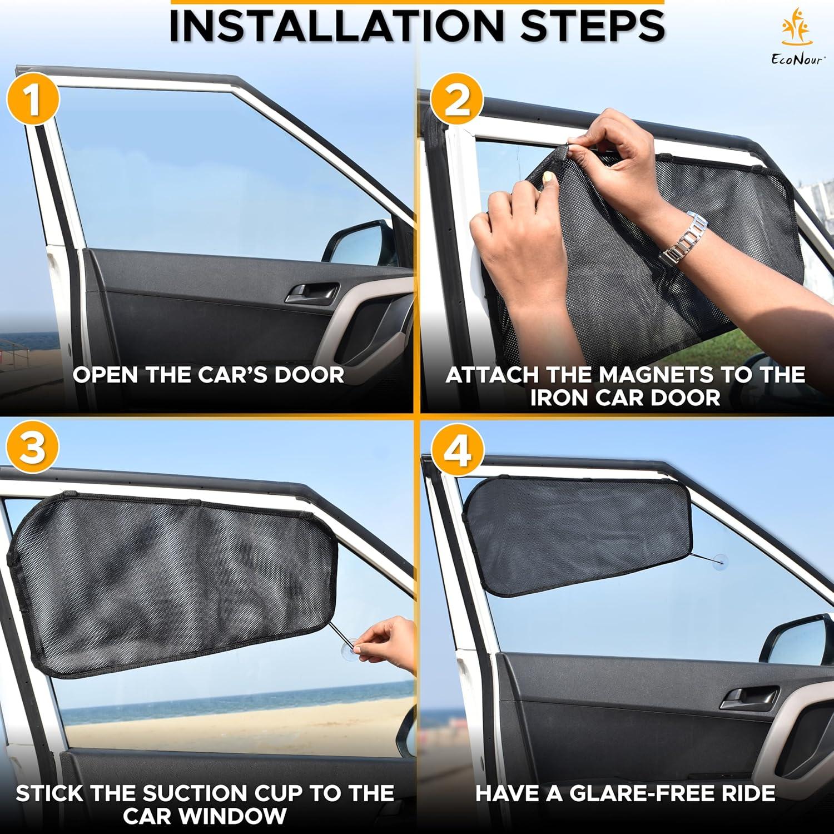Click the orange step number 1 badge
tap(33, 101)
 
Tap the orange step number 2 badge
tap(457, 101)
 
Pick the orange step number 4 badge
tap(457, 451)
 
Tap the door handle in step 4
tap(749, 697)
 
